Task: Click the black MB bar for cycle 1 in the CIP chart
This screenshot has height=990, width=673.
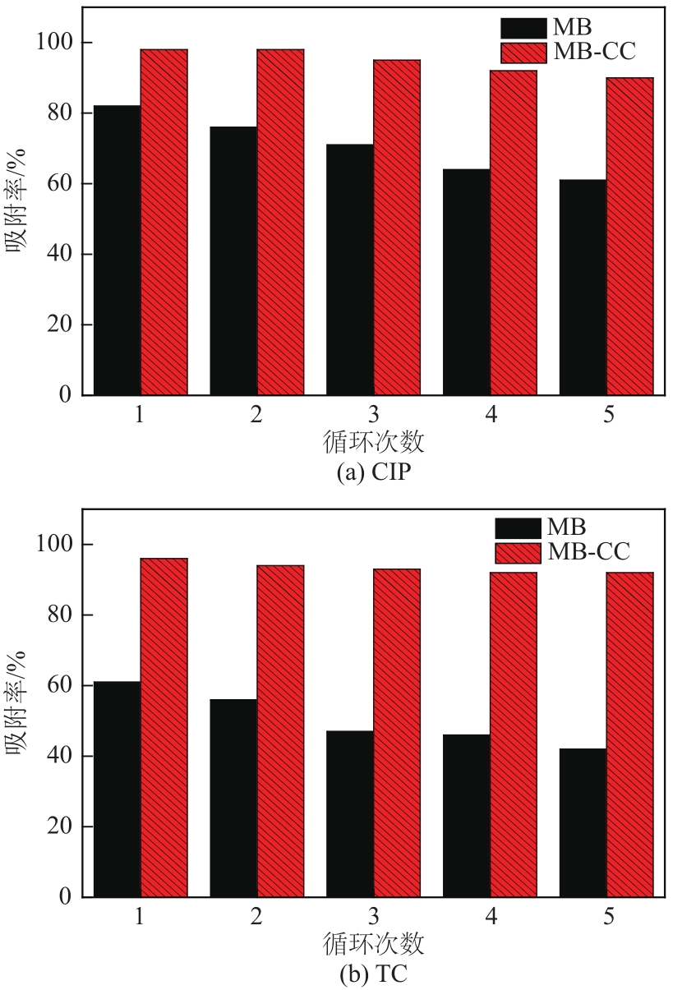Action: [x=117, y=250]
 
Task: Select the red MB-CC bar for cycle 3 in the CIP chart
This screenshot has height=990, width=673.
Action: [x=397, y=228]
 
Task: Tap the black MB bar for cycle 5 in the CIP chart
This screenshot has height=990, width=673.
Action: [x=583, y=287]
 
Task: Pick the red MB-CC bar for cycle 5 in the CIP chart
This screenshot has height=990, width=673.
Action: [x=630, y=236]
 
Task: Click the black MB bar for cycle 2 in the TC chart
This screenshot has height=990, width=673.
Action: [x=233, y=797]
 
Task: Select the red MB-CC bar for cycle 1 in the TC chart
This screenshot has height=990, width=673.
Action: [x=164, y=727]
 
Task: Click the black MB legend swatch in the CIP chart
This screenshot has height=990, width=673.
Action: [x=522, y=28]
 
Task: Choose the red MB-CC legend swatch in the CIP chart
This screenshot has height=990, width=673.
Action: [x=522, y=53]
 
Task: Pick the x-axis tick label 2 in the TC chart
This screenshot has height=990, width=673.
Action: [x=257, y=917]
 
